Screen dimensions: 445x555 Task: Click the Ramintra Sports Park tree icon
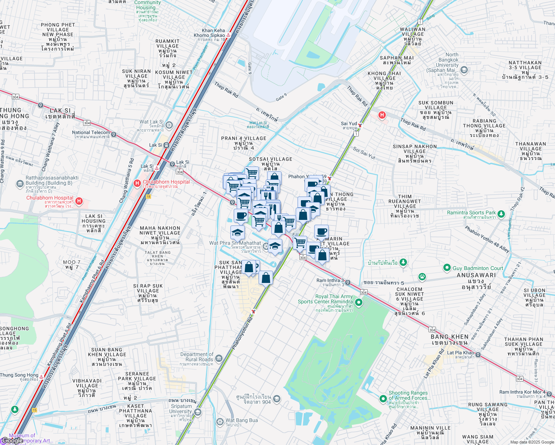tap(501, 214)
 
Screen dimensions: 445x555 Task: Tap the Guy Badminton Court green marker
tap(447, 268)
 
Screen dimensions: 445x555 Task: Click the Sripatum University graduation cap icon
tap(198, 412)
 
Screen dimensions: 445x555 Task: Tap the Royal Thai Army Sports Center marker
tap(358, 303)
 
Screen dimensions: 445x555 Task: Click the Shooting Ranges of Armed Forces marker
tap(383, 399)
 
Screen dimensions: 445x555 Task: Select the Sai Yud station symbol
tap(360, 125)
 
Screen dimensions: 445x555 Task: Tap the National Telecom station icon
tap(114, 135)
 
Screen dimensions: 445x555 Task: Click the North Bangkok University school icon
tap(464, 70)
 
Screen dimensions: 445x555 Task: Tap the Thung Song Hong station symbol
tap(42, 377)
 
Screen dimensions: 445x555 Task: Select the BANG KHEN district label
tap(449, 339)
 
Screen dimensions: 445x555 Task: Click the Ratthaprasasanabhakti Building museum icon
tap(20, 184)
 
